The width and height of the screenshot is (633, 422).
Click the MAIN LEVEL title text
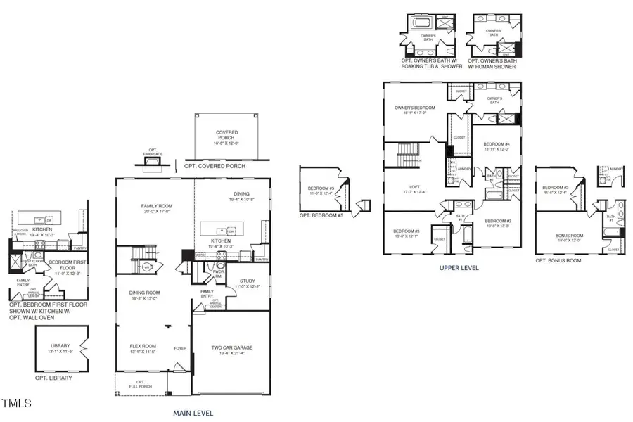pos(193,413)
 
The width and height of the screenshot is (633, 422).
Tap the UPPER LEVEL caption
pos(459,268)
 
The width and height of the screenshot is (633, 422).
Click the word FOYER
pos(181,348)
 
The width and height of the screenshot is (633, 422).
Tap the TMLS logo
pos(17,403)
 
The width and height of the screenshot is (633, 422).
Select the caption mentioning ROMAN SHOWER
pos(496,64)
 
